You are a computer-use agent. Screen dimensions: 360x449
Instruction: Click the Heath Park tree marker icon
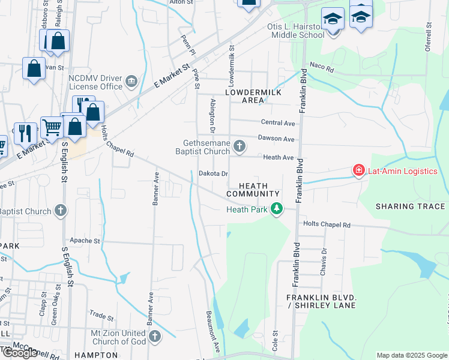coord(277,209)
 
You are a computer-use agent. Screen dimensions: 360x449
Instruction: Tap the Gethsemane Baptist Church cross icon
coord(240,146)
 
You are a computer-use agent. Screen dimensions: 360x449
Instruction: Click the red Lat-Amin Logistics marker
coord(359,171)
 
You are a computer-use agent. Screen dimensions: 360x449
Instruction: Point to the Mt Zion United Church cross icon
coord(155,336)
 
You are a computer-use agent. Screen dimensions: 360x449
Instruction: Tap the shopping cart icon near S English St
coord(52,127)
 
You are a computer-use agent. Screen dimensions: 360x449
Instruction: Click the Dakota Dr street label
coord(214,174)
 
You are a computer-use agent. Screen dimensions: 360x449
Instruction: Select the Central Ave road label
coord(278,123)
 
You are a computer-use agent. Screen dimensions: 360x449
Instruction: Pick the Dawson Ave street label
coord(276,139)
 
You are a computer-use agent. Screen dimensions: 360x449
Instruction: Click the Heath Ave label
coord(279,157)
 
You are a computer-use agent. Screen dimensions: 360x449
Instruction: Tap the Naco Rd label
coord(321,67)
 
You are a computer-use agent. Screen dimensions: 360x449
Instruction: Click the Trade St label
coord(101,315)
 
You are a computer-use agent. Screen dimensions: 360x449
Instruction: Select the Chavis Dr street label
coord(324,259)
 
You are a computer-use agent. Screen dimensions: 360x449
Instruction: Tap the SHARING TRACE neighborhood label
coord(411,206)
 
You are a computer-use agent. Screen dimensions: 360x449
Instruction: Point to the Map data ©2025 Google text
coord(412,355)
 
